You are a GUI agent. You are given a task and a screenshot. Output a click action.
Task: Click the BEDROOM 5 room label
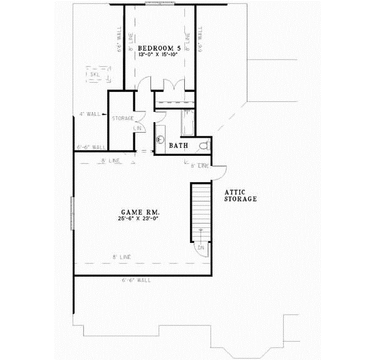159,48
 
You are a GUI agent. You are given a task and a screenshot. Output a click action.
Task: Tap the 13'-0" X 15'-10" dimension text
159,55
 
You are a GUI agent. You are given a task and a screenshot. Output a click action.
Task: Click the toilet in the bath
203,145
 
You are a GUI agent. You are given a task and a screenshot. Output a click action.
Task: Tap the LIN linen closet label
138,128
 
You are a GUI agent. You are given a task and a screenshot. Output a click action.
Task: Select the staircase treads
201,210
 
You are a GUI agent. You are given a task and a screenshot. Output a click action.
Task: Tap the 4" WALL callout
90,114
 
